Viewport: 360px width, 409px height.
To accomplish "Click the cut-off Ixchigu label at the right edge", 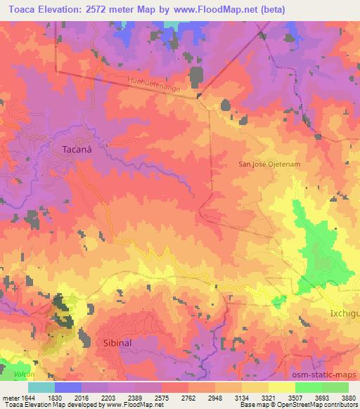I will pyautogui.click(x=344, y=309).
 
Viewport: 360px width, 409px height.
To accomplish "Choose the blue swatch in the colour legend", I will pyautogui.click(x=67, y=387).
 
